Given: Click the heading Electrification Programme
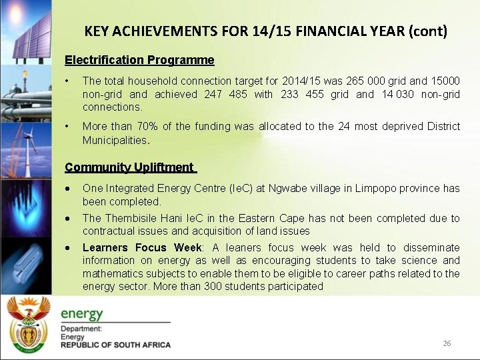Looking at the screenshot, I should pos(139,60).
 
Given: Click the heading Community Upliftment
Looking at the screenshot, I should pos(130,167).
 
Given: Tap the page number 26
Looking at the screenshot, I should pos(447,343).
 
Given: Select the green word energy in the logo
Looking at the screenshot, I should pos(82,313).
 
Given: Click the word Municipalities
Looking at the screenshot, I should pos(114,140).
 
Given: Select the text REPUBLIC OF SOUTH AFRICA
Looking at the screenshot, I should pos(115,345).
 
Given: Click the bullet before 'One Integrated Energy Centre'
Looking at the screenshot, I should pos(69,189).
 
